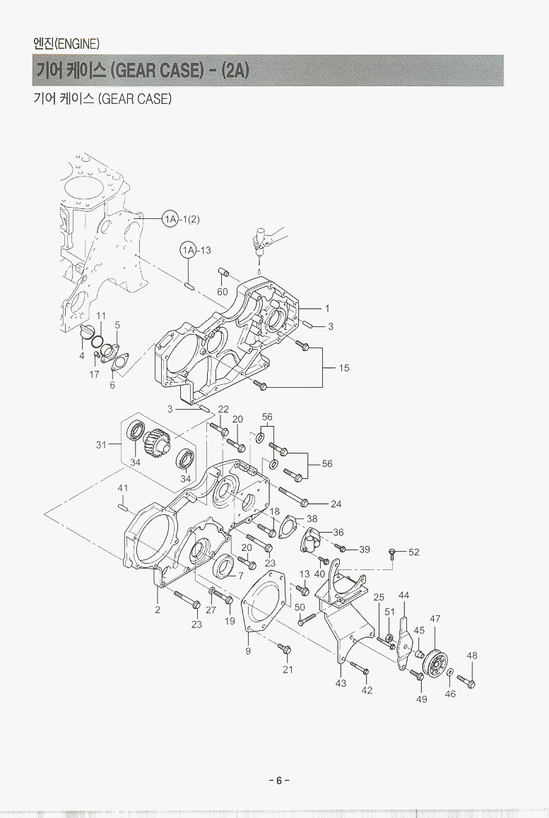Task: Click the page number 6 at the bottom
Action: click(x=278, y=780)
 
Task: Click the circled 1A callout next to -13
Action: click(x=188, y=250)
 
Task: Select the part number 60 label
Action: click(x=222, y=291)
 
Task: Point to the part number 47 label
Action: click(x=435, y=619)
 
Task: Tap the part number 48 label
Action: click(x=472, y=656)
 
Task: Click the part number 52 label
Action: click(x=413, y=552)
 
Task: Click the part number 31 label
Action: click(x=100, y=444)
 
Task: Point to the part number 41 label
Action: click(x=122, y=488)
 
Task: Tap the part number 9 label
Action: click(x=248, y=651)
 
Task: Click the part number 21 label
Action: click(x=288, y=669)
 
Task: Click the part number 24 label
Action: click(x=336, y=504)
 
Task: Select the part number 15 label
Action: click(x=344, y=368)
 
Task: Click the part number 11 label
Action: click(x=101, y=315)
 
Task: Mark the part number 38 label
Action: click(x=312, y=518)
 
